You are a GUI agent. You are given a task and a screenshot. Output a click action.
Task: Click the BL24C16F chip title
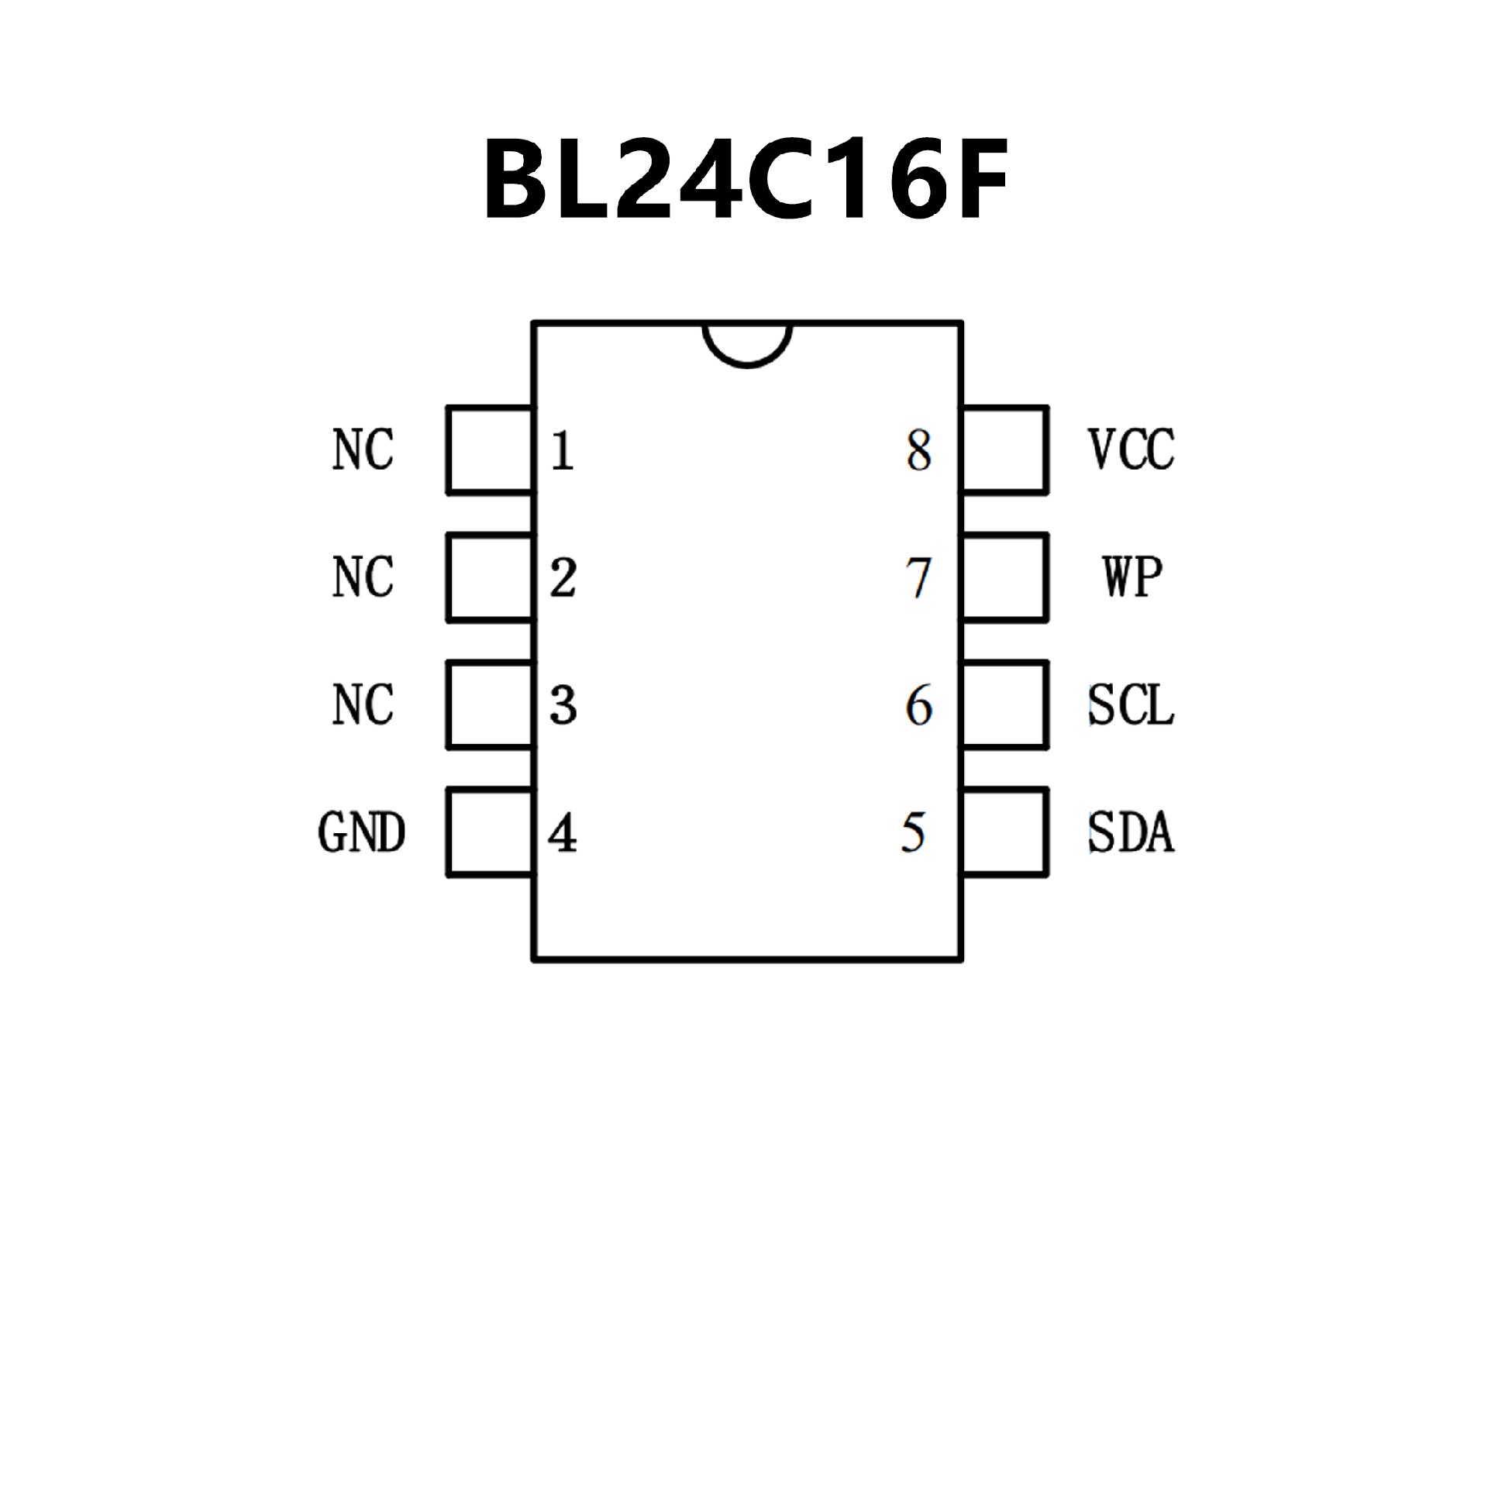pos(746,180)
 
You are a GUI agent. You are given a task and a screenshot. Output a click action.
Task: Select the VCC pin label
pos(1131,449)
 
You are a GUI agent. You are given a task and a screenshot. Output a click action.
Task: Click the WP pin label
pos(1132,577)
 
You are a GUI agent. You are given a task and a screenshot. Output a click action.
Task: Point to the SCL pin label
pos(1131,705)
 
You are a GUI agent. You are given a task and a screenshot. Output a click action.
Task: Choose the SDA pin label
pos(1131,833)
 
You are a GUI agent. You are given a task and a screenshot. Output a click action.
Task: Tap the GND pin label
pos(362,833)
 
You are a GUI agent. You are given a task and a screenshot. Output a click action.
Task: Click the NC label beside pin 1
pos(363,449)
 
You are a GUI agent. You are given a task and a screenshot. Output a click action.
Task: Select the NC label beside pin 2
pos(363,577)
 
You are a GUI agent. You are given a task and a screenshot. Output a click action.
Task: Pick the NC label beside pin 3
pos(363,705)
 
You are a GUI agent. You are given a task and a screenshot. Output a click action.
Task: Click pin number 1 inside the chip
pos(563,450)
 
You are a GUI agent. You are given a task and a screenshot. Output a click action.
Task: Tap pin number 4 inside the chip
pos(563,834)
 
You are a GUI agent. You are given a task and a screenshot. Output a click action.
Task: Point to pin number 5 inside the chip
pos(914,833)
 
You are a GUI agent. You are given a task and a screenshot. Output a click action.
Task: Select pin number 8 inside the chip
pos(918,450)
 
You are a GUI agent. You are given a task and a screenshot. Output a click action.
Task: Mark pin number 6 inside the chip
pos(918,705)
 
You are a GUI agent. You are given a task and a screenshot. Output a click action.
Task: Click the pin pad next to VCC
pos(1004,449)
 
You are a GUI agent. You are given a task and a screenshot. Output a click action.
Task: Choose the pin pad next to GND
pos(490,832)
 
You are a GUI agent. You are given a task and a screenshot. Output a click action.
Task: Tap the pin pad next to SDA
pos(1004,832)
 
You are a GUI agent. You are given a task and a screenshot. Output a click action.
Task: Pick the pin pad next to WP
pos(1004,577)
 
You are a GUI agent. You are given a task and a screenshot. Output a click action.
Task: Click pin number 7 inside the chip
pos(918,578)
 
